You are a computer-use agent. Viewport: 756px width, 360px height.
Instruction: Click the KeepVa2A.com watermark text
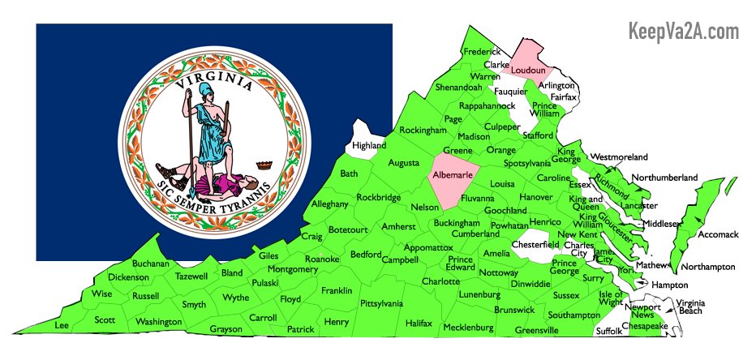(x=684, y=32)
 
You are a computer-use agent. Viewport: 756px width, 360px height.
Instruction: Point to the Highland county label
(x=369, y=145)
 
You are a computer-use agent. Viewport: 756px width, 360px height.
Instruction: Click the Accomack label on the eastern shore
(x=719, y=234)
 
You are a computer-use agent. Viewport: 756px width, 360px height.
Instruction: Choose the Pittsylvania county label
(x=381, y=303)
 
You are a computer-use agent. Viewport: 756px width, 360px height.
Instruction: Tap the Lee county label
(x=61, y=324)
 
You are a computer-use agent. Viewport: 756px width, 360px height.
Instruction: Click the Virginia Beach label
(x=690, y=306)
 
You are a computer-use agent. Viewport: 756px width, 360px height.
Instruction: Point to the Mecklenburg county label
(x=468, y=328)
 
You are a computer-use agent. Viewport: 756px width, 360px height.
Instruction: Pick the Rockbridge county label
(x=378, y=197)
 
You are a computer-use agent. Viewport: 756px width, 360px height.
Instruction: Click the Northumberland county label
(x=664, y=177)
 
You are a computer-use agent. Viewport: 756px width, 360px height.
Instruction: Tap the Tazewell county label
(x=191, y=276)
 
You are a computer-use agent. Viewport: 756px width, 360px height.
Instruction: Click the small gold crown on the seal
(x=262, y=165)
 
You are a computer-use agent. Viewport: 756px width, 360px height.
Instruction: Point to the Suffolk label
(x=609, y=331)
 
